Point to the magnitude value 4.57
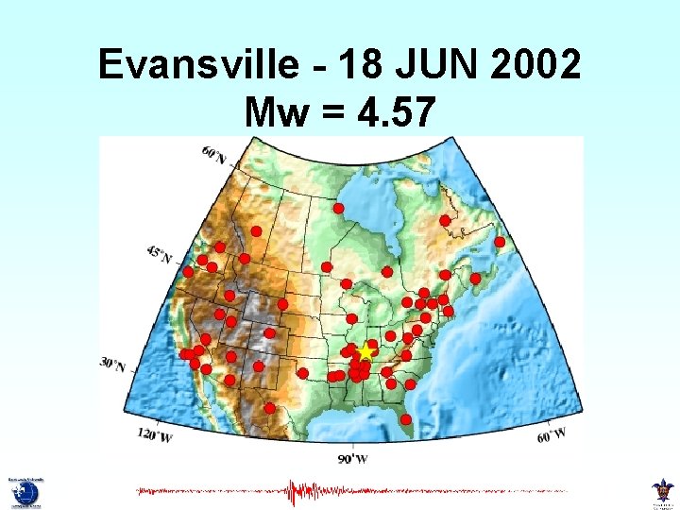pyautogui.click(x=399, y=113)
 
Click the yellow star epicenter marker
pyautogui.click(x=365, y=351)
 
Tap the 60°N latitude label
pyautogui.click(x=214, y=154)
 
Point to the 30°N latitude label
pyautogui.click(x=112, y=364)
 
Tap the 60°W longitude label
pyautogui.click(x=551, y=435)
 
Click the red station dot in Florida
pyautogui.click(x=406, y=419)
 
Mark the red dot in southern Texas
pyautogui.click(x=270, y=408)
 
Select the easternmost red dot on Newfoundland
pyautogui.click(x=500, y=242)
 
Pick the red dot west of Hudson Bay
pyautogui.click(x=338, y=208)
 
